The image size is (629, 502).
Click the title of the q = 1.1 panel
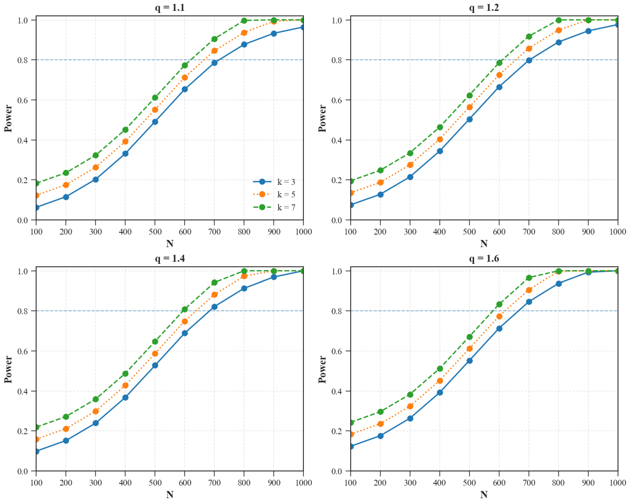click(x=170, y=8)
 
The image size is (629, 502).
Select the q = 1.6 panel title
click(x=484, y=258)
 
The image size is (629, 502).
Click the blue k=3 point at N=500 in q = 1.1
click(x=155, y=122)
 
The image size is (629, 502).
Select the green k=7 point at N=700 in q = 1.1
click(x=214, y=39)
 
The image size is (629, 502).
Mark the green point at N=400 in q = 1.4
click(x=125, y=374)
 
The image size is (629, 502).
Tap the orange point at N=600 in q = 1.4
click(x=185, y=321)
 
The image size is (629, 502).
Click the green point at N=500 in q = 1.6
click(x=469, y=337)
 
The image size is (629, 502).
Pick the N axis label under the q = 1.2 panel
click(x=484, y=244)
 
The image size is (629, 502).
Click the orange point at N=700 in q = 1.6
click(x=529, y=290)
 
